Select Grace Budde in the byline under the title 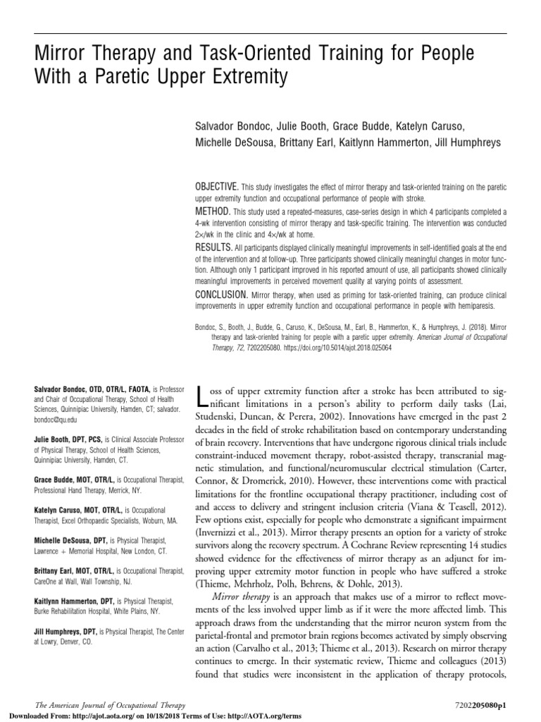click(341, 126)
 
